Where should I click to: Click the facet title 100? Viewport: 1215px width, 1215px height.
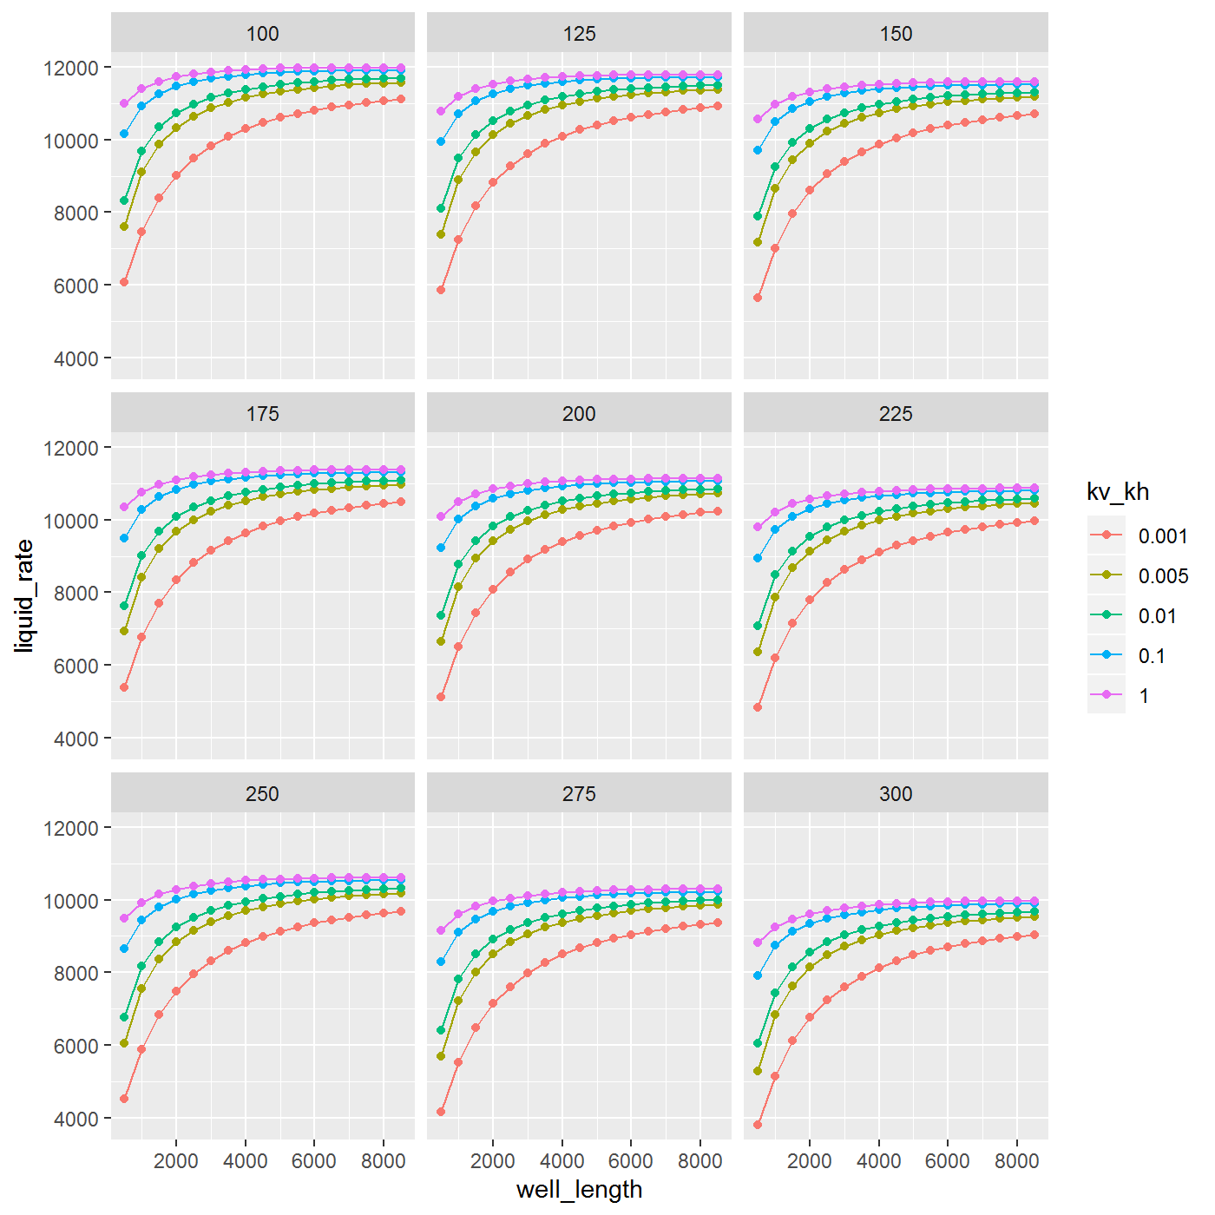click(x=262, y=34)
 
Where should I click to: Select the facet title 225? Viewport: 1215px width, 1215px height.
click(x=896, y=414)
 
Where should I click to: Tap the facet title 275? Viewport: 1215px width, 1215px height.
click(x=579, y=794)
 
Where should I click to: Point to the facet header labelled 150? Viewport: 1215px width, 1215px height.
click(x=896, y=34)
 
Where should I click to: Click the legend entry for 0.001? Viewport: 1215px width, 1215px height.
click(x=1162, y=536)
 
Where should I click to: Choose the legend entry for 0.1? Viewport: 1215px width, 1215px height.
click(x=1152, y=656)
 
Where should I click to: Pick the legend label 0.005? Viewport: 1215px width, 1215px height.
click(x=1162, y=576)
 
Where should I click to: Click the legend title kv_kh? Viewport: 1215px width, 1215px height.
click(x=1118, y=492)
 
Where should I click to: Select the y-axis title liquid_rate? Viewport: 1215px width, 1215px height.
click(x=24, y=595)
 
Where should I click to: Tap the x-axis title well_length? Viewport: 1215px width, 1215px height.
click(x=579, y=1189)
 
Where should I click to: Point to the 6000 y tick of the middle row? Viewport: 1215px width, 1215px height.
click(x=75, y=666)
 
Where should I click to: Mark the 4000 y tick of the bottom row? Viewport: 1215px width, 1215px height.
click(x=75, y=1120)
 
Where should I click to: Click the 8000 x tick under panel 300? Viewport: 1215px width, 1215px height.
click(x=1016, y=1161)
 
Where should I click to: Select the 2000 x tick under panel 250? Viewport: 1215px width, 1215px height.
click(x=176, y=1161)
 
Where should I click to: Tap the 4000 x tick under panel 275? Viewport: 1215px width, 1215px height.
click(x=562, y=1161)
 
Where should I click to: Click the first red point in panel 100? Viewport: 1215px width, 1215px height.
click(x=124, y=282)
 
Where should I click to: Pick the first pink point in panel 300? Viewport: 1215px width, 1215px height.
click(x=758, y=942)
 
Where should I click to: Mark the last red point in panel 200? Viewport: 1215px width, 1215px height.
click(x=718, y=512)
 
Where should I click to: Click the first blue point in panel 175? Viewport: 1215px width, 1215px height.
click(x=124, y=538)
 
